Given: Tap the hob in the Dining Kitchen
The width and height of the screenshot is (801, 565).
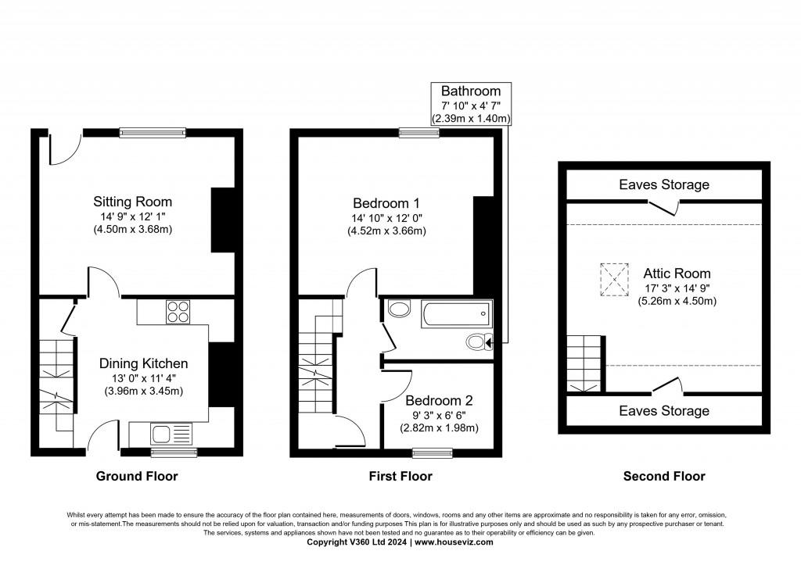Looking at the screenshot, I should pyautogui.click(x=178, y=312).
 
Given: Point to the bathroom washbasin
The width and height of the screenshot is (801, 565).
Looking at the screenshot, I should pyautogui.click(x=398, y=309).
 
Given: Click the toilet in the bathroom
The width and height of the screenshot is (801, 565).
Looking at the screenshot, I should pyautogui.click(x=476, y=342).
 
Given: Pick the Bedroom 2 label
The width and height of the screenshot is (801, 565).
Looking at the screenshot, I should pyautogui.click(x=439, y=400).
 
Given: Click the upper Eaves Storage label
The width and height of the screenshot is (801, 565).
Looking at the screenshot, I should pyautogui.click(x=664, y=185).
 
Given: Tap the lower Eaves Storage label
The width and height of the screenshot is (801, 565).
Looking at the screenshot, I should pyautogui.click(x=664, y=411).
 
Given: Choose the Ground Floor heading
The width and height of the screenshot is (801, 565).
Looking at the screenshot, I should pyautogui.click(x=137, y=476).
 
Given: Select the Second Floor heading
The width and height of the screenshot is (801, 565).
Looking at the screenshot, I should pyautogui.click(x=664, y=476).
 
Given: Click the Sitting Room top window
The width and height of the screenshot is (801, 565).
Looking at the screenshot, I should pyautogui.click(x=153, y=133).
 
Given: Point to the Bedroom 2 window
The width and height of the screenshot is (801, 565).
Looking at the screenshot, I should pyautogui.click(x=433, y=452).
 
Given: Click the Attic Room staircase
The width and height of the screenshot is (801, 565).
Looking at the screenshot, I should pyautogui.click(x=584, y=361).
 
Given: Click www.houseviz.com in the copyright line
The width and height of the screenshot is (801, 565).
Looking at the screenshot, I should pyautogui.click(x=454, y=542).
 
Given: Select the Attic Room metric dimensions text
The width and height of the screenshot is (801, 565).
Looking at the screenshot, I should pyautogui.click(x=677, y=301).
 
